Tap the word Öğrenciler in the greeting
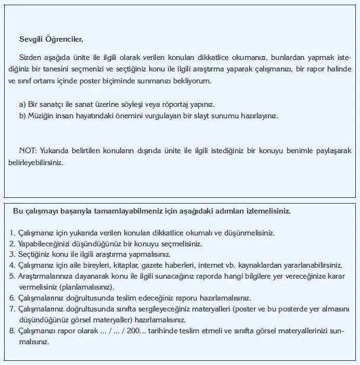[63, 39]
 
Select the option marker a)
[23, 104]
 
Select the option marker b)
[23, 116]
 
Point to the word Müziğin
[41, 116]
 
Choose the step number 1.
[12, 232]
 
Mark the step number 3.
[12, 254]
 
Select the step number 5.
[12, 276]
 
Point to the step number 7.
[12, 309]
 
